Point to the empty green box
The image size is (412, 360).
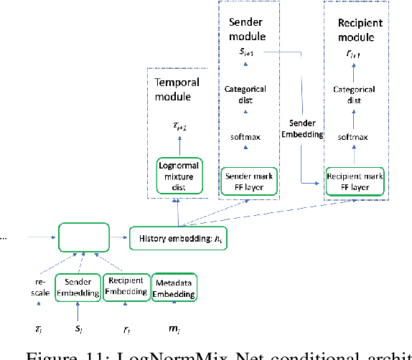tap(83, 235)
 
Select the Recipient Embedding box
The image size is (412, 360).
tap(125, 286)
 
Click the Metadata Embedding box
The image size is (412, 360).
tap(173, 286)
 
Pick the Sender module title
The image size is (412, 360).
tap(246, 29)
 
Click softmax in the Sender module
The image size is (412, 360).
tap(245, 134)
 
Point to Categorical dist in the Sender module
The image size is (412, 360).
tap(245, 95)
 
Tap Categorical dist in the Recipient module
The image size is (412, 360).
tap(354, 95)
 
